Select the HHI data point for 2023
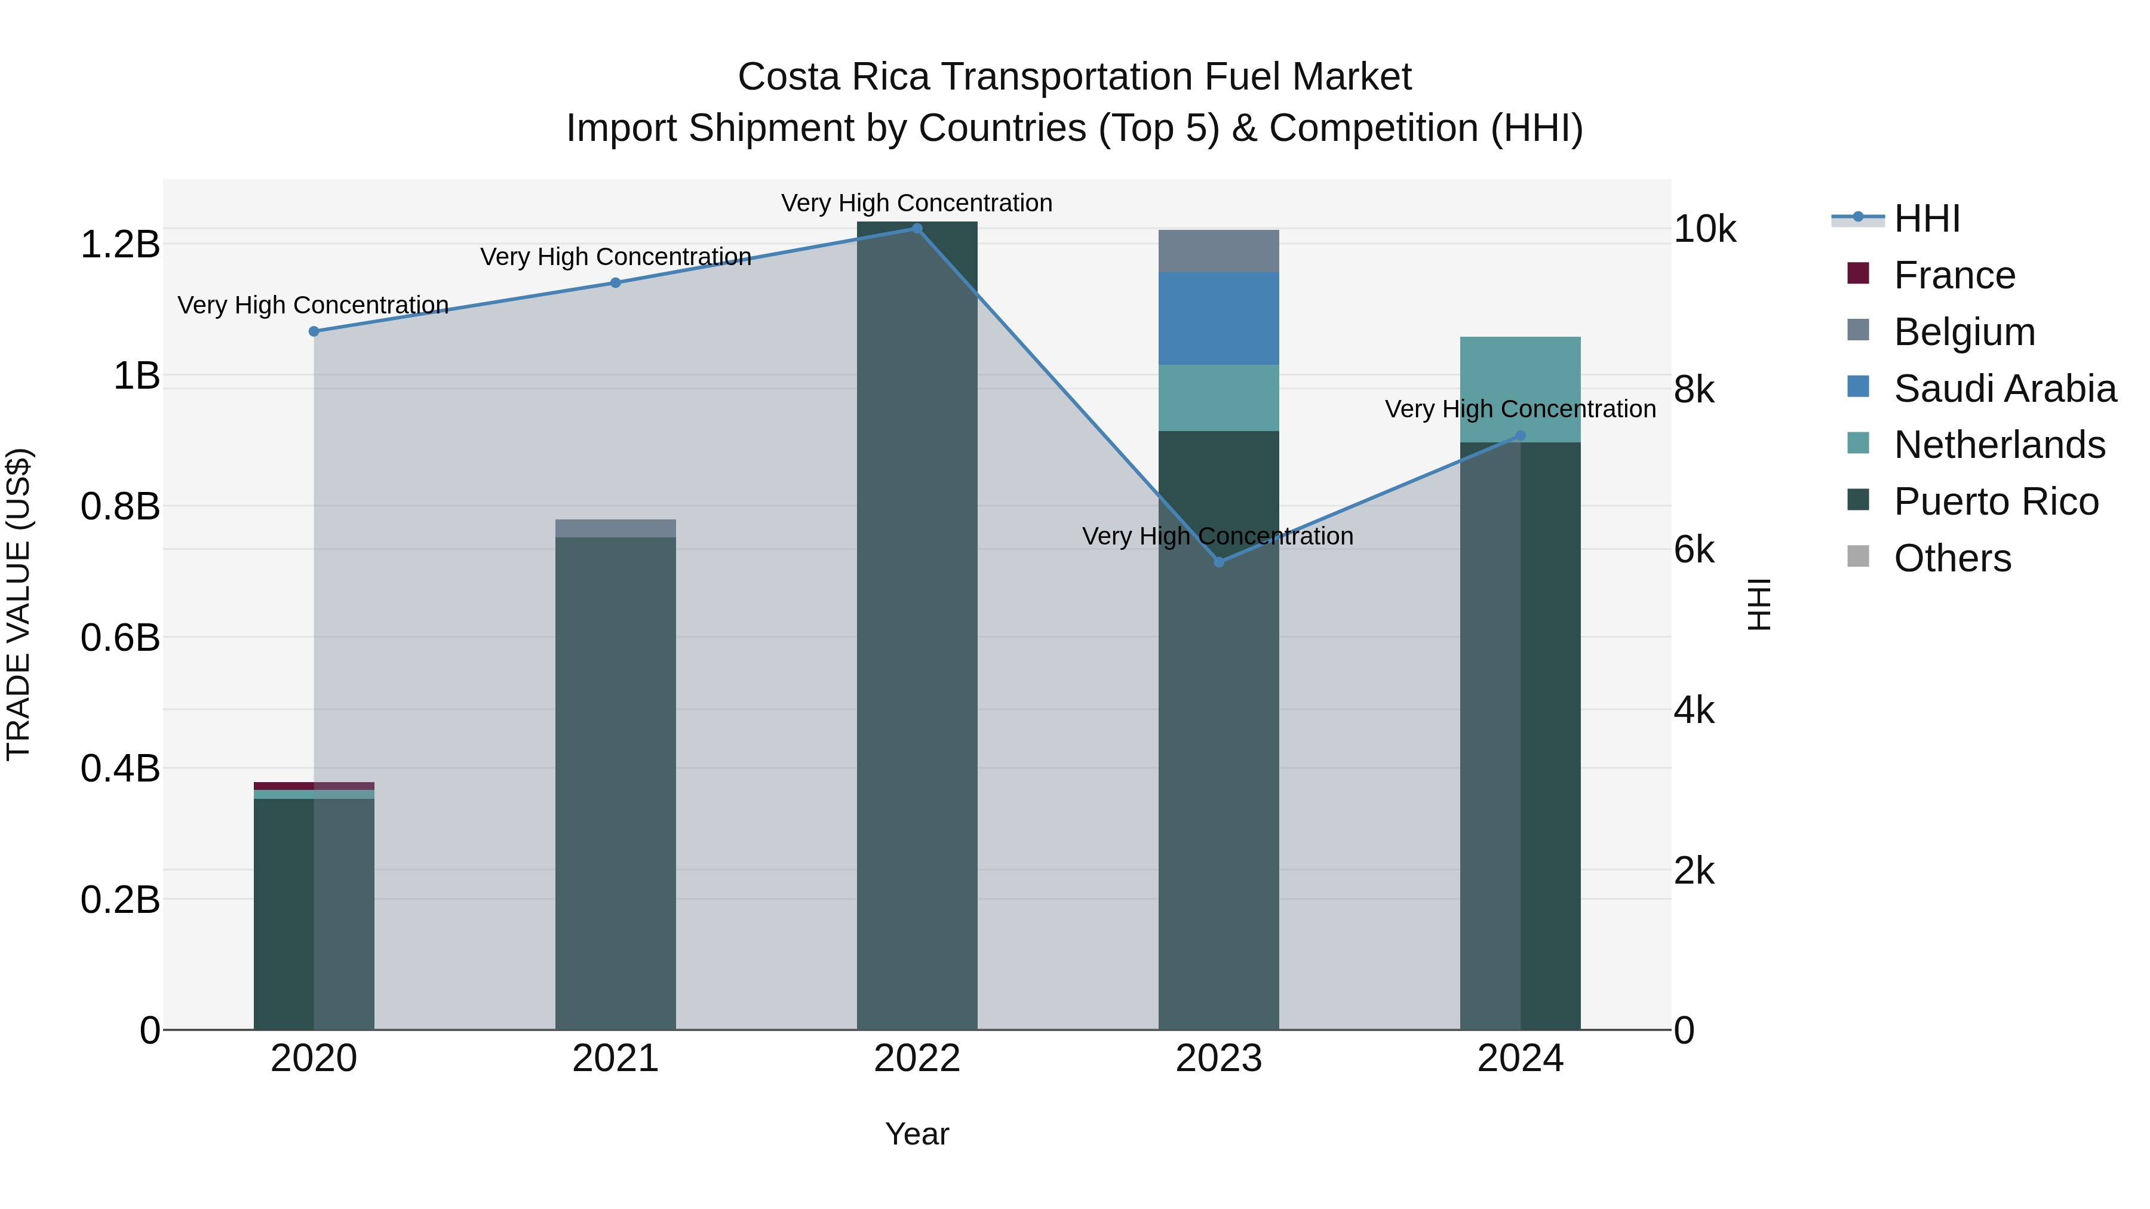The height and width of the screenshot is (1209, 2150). click(1218, 562)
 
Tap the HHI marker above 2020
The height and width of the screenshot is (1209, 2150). click(314, 331)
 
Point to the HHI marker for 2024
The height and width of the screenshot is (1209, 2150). click(1520, 436)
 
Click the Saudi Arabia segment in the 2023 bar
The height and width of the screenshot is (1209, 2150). click(1218, 319)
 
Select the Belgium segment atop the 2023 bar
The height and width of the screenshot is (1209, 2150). click(1218, 251)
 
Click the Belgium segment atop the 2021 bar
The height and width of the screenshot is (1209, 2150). click(615, 528)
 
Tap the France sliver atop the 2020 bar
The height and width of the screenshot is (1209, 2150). click(314, 786)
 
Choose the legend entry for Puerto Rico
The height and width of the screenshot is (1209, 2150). click(1995, 502)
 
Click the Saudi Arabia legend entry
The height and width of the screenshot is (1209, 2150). click(2004, 389)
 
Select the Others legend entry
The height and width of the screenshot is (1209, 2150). click(1951, 558)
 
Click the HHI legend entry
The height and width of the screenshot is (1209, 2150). click(1926, 219)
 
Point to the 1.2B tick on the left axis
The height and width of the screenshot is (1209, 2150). click(119, 244)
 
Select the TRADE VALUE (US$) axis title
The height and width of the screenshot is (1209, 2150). click(19, 604)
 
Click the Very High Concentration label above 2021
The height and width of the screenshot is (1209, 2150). click(615, 257)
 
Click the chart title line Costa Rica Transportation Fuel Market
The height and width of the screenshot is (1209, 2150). click(1074, 77)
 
